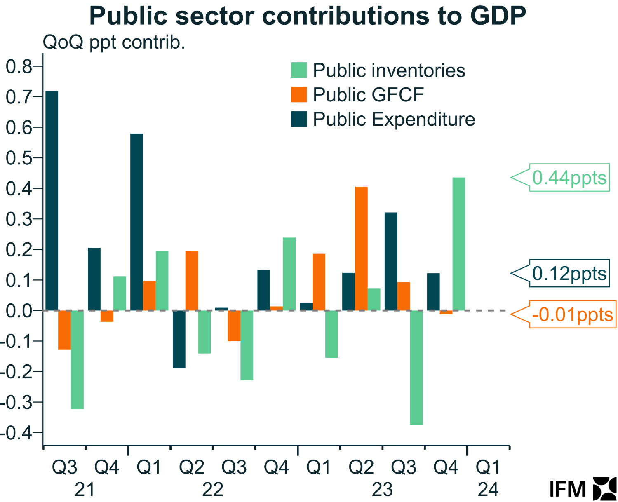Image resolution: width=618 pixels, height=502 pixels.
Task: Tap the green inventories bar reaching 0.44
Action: coord(458,244)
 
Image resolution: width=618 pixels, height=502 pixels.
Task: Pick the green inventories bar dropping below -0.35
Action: coord(416,367)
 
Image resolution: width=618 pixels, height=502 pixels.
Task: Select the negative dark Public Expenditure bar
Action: coord(179,339)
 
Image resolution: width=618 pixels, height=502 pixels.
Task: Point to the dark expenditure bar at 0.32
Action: coord(391,261)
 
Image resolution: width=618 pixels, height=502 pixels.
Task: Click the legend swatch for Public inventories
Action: coord(299,70)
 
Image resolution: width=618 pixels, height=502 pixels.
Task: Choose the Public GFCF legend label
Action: coord(368,95)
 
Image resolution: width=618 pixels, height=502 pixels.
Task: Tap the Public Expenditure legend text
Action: coord(394,119)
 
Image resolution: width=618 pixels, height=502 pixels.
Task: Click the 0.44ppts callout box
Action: coord(569,178)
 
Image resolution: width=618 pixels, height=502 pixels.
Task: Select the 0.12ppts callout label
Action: coord(569,273)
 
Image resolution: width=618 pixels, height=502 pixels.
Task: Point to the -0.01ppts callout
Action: coord(572,314)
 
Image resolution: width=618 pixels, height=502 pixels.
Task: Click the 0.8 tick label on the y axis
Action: coord(19,66)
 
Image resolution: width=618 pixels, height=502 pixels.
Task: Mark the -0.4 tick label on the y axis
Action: coord(16,433)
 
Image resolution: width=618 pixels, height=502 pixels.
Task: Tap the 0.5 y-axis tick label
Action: coord(19,158)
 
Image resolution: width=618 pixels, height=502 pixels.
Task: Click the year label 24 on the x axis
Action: coord(488,490)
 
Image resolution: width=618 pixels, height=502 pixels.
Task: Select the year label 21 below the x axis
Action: coord(85,490)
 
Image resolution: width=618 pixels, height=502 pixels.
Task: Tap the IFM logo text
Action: coord(568,490)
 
